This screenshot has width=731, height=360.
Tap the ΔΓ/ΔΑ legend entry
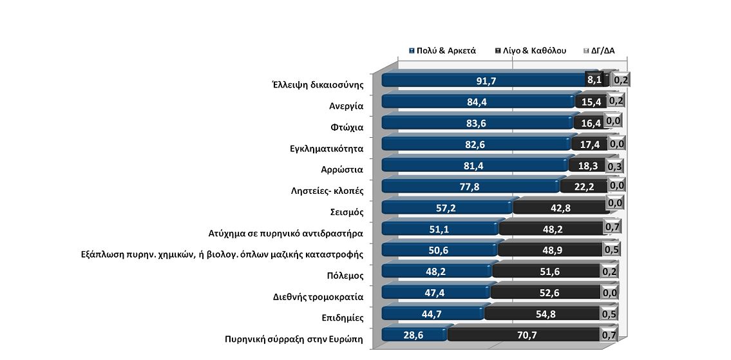click(607, 50)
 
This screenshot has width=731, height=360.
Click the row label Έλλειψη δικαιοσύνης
click(318, 84)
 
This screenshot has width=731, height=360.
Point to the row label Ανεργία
click(347, 106)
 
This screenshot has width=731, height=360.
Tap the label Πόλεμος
click(346, 276)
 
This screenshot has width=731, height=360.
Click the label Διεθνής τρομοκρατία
click(319, 297)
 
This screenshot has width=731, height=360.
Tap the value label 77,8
click(471, 186)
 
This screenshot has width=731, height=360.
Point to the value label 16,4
click(589, 122)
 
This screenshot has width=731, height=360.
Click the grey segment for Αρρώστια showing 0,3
click(614, 165)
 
